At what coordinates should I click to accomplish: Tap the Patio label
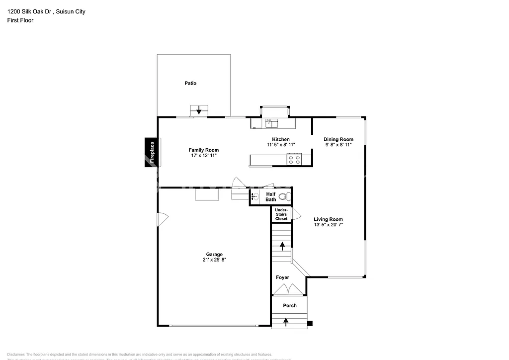tap(190, 83)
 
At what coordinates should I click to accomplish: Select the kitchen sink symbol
tap(271, 123)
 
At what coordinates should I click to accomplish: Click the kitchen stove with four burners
tap(294, 159)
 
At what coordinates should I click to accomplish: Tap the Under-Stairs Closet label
tap(281, 215)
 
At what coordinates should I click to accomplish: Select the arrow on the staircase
tap(282, 245)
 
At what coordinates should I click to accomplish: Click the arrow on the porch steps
tap(286, 322)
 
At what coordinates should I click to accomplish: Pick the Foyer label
tap(282, 277)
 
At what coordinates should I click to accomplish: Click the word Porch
tap(290, 305)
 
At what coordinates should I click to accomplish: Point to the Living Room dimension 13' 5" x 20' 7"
tap(329, 225)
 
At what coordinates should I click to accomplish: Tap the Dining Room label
tap(339, 139)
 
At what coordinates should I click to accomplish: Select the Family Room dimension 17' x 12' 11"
tap(204, 156)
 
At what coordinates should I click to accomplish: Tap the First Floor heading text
tap(20, 20)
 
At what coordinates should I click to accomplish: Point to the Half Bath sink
tap(254, 197)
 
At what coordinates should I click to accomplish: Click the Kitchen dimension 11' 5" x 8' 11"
tap(281, 145)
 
